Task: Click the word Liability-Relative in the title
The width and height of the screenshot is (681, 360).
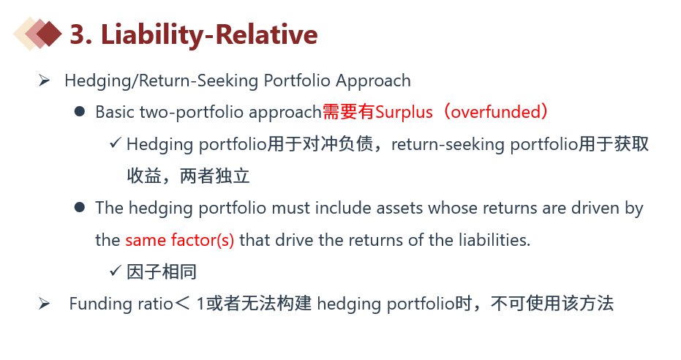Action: tap(209, 34)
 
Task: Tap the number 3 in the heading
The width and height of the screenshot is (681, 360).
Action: tap(78, 34)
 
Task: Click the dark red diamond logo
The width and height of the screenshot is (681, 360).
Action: tap(49, 34)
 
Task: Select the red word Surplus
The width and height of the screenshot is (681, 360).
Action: tap(404, 112)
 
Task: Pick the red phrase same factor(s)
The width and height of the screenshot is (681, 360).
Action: tap(180, 240)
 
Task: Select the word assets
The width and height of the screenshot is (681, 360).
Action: tap(399, 208)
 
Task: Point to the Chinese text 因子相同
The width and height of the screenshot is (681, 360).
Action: tap(162, 272)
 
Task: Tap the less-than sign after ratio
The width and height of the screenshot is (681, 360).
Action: tap(182, 304)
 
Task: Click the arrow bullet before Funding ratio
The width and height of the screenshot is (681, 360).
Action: tap(44, 303)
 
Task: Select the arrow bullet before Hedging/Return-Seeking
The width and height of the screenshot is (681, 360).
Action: tap(44, 80)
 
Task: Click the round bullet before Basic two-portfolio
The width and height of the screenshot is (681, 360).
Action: tap(80, 112)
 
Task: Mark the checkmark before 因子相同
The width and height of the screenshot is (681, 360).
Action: tap(115, 271)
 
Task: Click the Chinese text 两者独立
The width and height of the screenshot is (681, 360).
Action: tap(214, 176)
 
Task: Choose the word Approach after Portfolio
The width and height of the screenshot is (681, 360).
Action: tap(373, 80)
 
